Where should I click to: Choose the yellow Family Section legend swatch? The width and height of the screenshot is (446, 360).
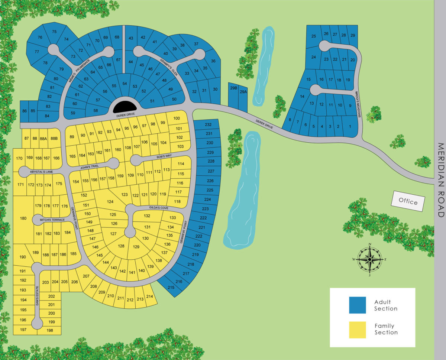(x=357, y=330)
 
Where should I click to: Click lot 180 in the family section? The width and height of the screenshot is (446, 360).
(x=23, y=218)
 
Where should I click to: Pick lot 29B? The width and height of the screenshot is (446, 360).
(x=233, y=88)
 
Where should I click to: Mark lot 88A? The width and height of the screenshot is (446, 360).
(x=44, y=139)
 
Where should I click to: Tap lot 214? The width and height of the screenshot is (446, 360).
(x=149, y=296)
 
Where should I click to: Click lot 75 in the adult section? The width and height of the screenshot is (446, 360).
(x=54, y=32)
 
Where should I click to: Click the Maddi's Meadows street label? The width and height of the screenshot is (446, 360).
(x=359, y=105)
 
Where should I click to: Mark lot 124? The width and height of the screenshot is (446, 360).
(x=110, y=202)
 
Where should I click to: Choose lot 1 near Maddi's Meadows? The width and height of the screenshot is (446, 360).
(x=349, y=127)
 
